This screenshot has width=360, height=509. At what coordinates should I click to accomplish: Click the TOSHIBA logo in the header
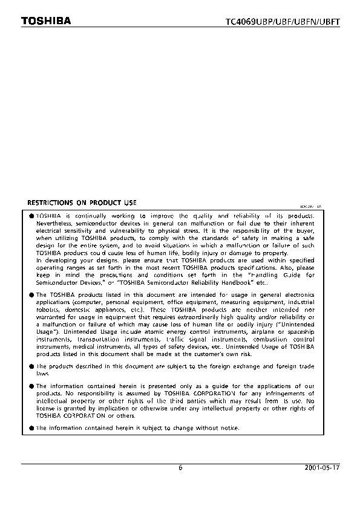pyautogui.click(x=47, y=21)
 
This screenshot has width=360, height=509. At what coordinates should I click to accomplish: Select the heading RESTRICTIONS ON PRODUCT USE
pyautogui.click(x=82, y=203)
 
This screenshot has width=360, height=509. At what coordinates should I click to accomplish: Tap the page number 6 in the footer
pyautogui.click(x=180, y=467)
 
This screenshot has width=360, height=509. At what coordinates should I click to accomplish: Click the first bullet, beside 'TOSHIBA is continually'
pyautogui.click(x=31, y=216)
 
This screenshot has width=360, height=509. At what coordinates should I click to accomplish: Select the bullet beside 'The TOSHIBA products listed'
pyautogui.click(x=31, y=294)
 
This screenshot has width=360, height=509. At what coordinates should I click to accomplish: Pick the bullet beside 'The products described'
pyautogui.click(x=31, y=366)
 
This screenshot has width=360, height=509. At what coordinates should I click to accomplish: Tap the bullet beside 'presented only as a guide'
pyautogui.click(x=31, y=386)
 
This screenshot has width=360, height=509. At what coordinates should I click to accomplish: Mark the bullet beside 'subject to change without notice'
pyautogui.click(x=31, y=428)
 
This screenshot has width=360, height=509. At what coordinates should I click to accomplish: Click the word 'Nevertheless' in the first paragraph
pyautogui.click(x=55, y=223)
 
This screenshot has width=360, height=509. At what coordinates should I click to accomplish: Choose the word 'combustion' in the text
pyautogui.click(x=271, y=339)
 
